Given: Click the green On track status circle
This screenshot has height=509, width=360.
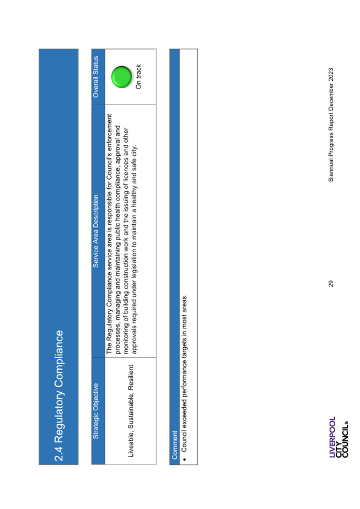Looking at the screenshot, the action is pyautogui.click(x=121, y=77).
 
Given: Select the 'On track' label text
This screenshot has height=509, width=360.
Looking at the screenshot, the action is pyautogui.click(x=138, y=77).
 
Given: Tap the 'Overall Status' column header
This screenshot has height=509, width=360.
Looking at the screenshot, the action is pyautogui.click(x=95, y=77).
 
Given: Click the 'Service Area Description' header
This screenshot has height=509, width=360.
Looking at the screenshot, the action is pyautogui.click(x=95, y=231).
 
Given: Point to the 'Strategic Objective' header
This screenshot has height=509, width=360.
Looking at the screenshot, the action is pyautogui.click(x=95, y=411).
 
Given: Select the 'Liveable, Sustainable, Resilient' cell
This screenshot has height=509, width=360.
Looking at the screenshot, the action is pyautogui.click(x=131, y=411).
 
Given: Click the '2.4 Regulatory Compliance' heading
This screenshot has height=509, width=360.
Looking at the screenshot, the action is pyautogui.click(x=59, y=396).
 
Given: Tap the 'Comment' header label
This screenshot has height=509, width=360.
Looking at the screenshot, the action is pyautogui.click(x=174, y=445).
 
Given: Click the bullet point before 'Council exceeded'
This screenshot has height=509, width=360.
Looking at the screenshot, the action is pyautogui.click(x=184, y=459).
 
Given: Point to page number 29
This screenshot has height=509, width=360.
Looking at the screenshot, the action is pyautogui.click(x=331, y=284).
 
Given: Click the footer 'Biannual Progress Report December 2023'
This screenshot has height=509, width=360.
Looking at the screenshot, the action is pyautogui.click(x=331, y=124).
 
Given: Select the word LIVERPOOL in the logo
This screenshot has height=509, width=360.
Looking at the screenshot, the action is pyautogui.click(x=332, y=437).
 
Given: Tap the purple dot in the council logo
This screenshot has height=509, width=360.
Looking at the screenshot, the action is pyautogui.click(x=346, y=423).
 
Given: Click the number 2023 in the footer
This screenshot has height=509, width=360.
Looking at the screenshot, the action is pyautogui.click(x=331, y=74).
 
